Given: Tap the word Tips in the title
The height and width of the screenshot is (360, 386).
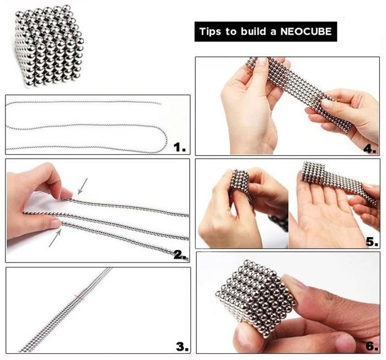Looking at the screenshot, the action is click(x=210, y=32).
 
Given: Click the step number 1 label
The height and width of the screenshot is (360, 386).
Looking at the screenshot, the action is click(x=179, y=147).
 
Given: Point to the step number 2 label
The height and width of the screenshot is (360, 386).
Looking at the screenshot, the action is click(x=180, y=255).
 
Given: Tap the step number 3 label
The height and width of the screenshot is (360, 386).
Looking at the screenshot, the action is click(x=183, y=347).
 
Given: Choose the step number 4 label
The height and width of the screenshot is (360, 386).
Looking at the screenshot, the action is click(x=370, y=149).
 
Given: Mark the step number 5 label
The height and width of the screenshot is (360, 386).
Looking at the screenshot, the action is click(x=372, y=241).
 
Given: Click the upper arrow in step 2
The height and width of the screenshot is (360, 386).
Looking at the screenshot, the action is click(x=83, y=186).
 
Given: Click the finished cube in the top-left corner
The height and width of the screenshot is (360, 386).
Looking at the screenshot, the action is click(x=49, y=46).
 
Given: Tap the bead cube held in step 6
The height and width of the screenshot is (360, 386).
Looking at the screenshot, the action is click(x=256, y=298).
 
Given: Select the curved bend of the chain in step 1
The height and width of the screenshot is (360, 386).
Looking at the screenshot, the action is click(x=164, y=140).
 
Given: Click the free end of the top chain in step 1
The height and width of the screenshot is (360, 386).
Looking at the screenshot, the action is click(x=160, y=104).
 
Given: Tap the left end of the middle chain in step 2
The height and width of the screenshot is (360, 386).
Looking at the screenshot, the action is click(x=24, y=212).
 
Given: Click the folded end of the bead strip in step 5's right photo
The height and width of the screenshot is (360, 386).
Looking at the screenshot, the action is click(x=313, y=171).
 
